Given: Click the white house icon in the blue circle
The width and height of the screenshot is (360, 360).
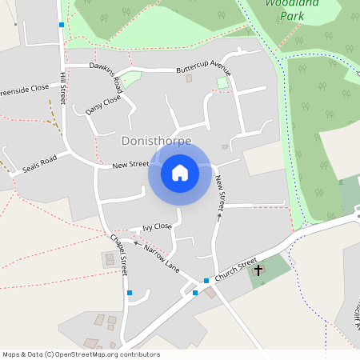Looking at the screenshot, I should [179, 173].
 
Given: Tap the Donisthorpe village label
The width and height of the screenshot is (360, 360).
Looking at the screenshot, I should [156, 141].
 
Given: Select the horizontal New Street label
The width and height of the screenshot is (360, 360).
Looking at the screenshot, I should [130, 165].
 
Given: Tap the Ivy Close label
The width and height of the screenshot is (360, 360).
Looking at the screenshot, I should [157, 227].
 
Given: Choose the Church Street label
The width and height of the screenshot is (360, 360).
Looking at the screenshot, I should [236, 269].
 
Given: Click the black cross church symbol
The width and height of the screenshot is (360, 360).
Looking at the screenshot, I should [258, 270].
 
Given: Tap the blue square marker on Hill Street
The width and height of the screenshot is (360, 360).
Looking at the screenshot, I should [62, 25].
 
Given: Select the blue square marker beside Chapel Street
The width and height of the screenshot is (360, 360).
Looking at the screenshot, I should [130, 293].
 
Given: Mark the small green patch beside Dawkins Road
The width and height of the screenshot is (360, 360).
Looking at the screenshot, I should [130, 79].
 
